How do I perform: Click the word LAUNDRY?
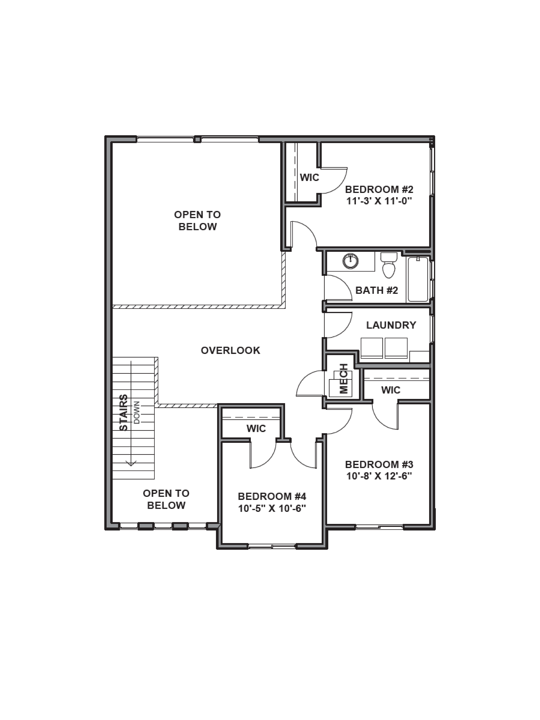[x=391, y=325]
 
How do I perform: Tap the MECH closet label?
[x=344, y=379]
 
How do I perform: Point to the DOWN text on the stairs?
[x=137, y=412]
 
